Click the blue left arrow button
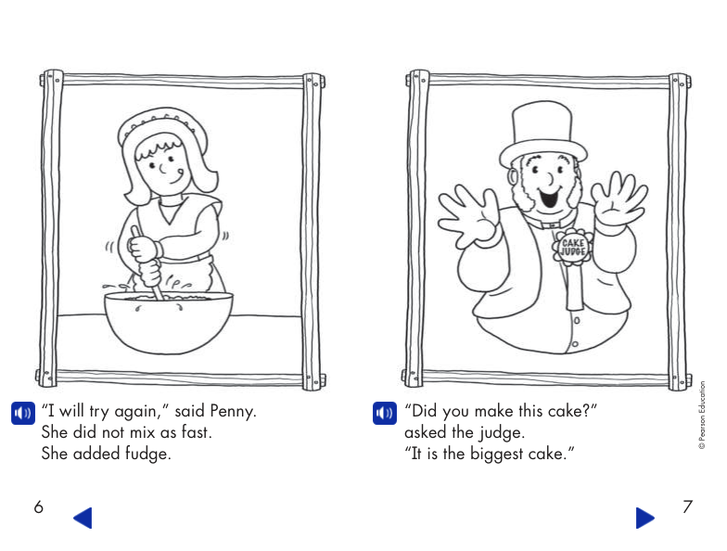click(83, 518)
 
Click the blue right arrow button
click(645, 518)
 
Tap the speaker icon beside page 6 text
click(21, 413)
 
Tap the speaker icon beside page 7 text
click(383, 413)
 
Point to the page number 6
click(38, 507)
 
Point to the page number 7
click(687, 507)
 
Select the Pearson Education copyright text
click(702, 415)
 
